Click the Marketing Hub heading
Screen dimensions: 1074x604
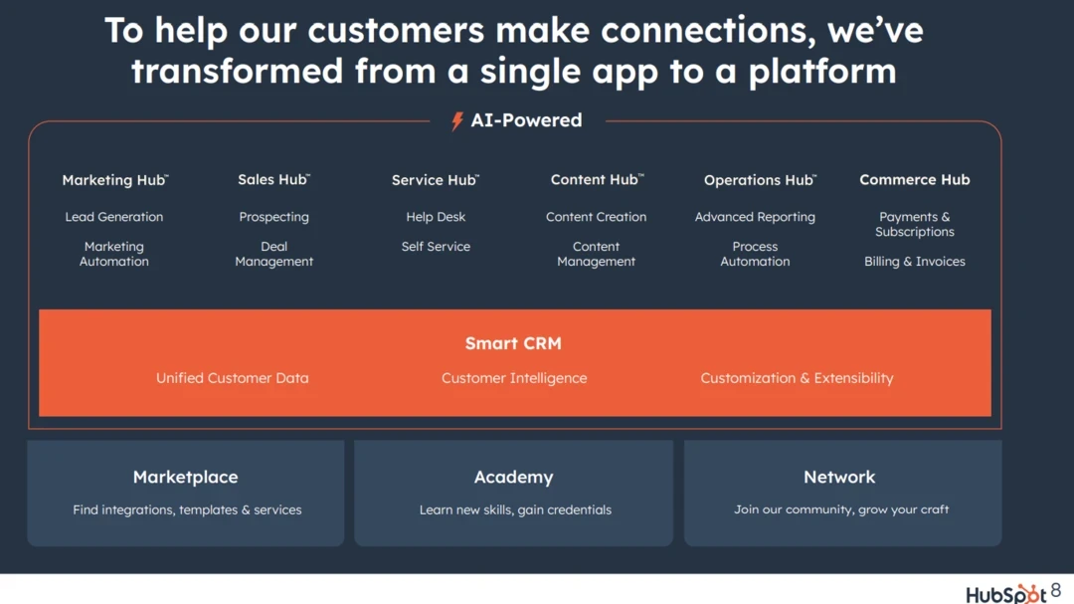(x=115, y=180)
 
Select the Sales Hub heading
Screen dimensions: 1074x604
(x=274, y=179)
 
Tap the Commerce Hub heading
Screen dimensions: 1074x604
(x=915, y=180)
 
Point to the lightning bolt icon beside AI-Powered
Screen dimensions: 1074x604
(x=456, y=120)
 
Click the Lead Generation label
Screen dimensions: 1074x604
(x=114, y=217)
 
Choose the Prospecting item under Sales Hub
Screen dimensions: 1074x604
(x=274, y=217)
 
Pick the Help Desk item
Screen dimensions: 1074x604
(x=436, y=217)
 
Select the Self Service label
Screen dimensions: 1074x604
(x=436, y=246)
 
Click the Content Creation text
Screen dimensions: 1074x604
(x=596, y=217)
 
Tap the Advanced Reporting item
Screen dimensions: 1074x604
(x=755, y=217)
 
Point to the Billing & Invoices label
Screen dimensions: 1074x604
(x=915, y=262)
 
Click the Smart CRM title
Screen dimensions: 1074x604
(x=513, y=342)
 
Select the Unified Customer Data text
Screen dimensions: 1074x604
(x=232, y=378)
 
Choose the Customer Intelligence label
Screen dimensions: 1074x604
(x=514, y=378)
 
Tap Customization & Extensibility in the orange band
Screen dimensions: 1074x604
(x=797, y=378)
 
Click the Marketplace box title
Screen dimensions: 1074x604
(x=186, y=478)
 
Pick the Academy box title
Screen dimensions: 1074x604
(x=514, y=478)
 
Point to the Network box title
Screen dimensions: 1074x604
(x=839, y=478)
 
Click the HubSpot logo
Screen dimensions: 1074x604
(x=1006, y=594)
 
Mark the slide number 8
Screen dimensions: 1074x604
(x=1055, y=590)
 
